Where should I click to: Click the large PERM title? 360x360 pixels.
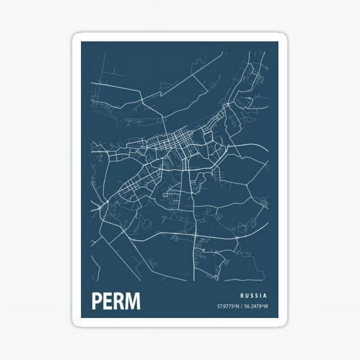[x=116, y=301]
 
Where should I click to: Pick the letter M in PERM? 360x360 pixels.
[x=133, y=301]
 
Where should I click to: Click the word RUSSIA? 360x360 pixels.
[x=254, y=295]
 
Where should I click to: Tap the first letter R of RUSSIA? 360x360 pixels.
[x=242, y=295]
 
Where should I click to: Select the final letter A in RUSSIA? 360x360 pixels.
[x=266, y=295]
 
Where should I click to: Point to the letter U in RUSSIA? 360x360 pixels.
[x=247, y=295]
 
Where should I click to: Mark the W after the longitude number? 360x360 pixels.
[x=266, y=307]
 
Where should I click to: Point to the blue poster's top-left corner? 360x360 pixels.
[x=81, y=42]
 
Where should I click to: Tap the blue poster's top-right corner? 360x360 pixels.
[x=278, y=42]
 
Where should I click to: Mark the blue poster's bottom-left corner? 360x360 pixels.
[x=81, y=319]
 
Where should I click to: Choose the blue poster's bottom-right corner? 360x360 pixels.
[x=278, y=319]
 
